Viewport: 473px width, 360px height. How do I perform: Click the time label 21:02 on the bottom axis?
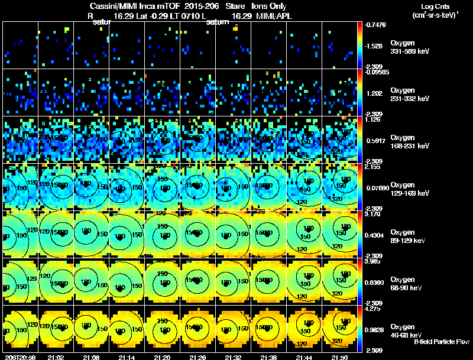click(x=56, y=357)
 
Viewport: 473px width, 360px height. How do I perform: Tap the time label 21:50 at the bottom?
click(x=340, y=357)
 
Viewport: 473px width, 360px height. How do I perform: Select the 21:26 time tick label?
click(x=197, y=357)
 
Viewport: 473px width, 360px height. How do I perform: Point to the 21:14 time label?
click(x=127, y=357)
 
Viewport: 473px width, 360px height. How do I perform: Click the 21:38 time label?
click(x=268, y=357)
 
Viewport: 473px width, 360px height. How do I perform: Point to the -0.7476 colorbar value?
click(x=376, y=25)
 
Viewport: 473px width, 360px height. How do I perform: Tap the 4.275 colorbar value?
click(x=375, y=309)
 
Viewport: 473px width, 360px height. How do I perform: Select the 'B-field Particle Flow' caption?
click(x=442, y=342)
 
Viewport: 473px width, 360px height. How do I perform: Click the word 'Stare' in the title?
click(x=232, y=6)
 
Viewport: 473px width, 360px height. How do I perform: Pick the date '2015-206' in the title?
click(x=202, y=6)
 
